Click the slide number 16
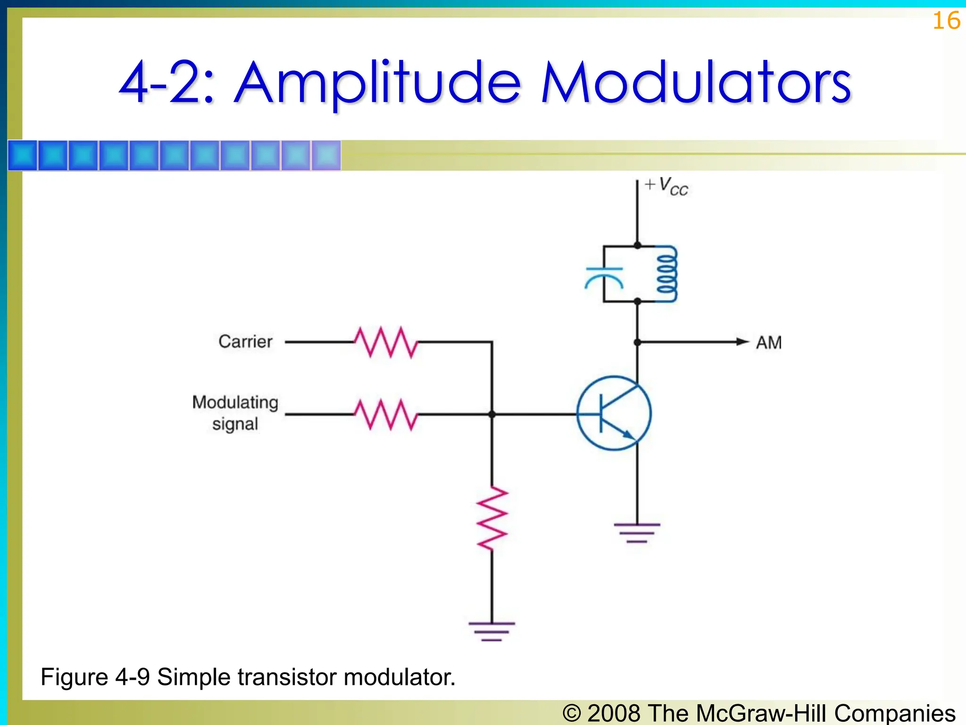(x=946, y=21)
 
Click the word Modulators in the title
(x=696, y=83)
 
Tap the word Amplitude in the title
(x=377, y=83)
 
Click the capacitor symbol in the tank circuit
(x=604, y=278)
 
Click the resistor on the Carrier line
(x=386, y=342)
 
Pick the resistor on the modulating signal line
(x=386, y=414)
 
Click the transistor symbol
(x=614, y=413)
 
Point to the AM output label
(x=768, y=343)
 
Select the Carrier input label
(x=245, y=341)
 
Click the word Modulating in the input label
(x=235, y=402)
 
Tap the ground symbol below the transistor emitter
(x=637, y=532)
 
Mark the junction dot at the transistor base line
(x=492, y=414)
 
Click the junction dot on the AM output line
(x=637, y=342)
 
